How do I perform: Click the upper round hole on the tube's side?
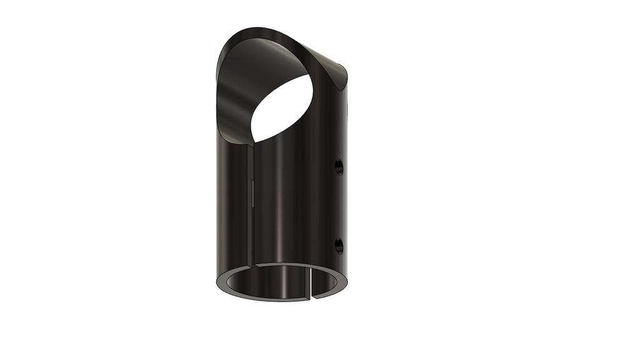click(x=339, y=167)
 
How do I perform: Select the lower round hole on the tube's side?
click(x=339, y=246)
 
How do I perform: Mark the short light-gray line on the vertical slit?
click(x=250, y=194)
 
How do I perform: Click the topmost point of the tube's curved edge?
click(x=256, y=28)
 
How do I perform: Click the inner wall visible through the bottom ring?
click(x=281, y=281)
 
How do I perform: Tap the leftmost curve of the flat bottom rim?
click(x=218, y=281)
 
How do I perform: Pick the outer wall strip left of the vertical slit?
click(x=234, y=200)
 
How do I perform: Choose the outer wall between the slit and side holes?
click(x=294, y=200)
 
